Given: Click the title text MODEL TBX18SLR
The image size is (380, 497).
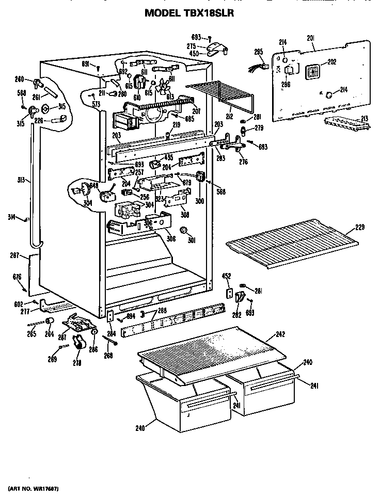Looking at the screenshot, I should point(189,14).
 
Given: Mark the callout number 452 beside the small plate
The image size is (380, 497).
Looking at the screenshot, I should point(226,276).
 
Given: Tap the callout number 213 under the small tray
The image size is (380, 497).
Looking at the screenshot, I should point(365,119).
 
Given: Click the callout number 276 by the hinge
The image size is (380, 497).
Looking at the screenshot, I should point(244,162).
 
